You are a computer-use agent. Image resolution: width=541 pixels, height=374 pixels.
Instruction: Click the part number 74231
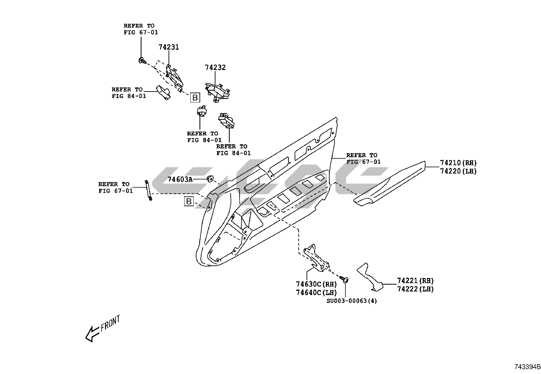(169, 47)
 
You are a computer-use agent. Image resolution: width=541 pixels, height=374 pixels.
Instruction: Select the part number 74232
(215, 67)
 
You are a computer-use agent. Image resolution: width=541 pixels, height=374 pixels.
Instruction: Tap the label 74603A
(180, 179)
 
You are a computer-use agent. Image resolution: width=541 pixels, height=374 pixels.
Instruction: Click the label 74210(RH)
(458, 163)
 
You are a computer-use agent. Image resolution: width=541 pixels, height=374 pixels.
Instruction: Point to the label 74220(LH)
(458, 171)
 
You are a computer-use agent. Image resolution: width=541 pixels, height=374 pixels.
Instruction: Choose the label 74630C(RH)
(316, 284)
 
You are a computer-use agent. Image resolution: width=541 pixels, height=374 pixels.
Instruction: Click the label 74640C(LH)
(316, 292)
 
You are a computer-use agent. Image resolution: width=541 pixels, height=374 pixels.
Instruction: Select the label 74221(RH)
(415, 281)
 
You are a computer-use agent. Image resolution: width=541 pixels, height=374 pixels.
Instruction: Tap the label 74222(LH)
(415, 289)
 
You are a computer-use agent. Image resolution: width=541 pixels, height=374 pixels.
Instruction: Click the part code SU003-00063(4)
(352, 301)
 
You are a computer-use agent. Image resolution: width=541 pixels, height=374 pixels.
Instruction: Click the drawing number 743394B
(527, 367)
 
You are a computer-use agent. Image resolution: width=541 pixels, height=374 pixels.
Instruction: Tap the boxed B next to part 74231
(195, 97)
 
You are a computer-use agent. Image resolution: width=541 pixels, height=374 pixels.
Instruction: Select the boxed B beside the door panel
(189, 201)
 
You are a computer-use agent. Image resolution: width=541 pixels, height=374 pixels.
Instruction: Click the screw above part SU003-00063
(344, 279)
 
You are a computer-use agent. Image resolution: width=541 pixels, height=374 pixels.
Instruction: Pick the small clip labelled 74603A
(210, 179)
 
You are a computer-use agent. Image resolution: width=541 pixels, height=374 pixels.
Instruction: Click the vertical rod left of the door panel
(148, 190)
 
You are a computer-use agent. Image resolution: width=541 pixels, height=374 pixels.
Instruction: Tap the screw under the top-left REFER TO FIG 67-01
(142, 61)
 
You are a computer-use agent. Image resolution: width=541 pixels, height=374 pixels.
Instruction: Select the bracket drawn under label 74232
(217, 93)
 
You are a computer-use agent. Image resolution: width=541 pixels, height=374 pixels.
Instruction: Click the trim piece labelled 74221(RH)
(369, 277)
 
